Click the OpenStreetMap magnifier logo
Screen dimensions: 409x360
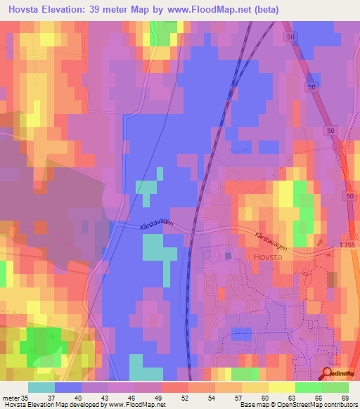pos(328,374)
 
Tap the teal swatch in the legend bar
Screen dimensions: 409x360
pos(41,387)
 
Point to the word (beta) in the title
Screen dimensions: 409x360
pos(266,9)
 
